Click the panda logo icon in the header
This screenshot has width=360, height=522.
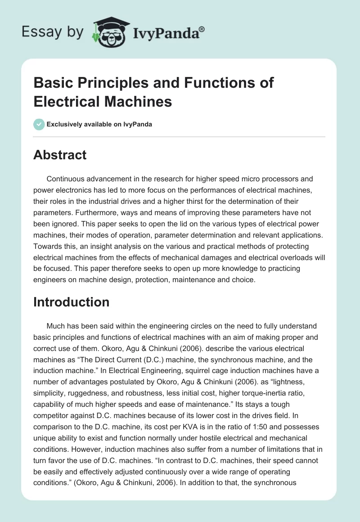(110, 32)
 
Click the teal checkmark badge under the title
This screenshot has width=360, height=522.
(39, 124)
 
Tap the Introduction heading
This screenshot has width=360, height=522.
(71, 301)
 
